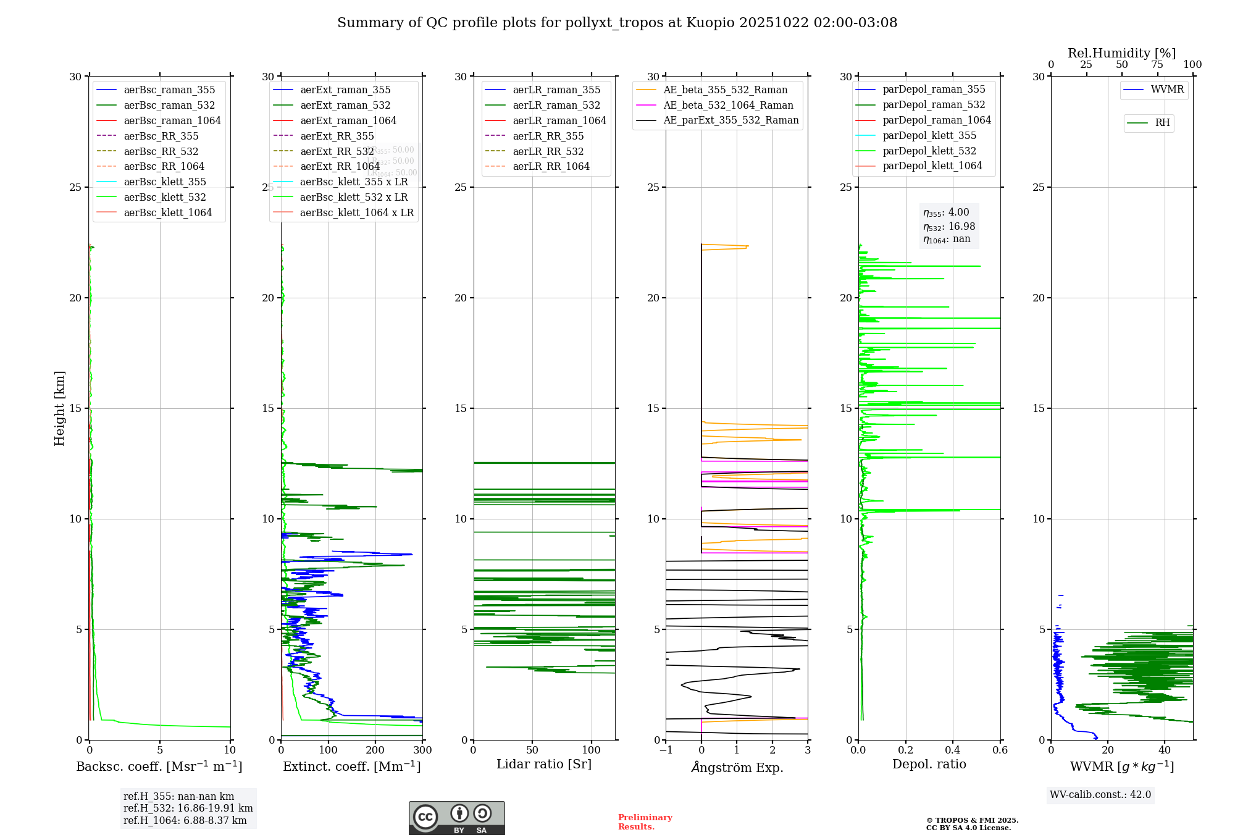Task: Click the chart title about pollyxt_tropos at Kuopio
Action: pyautogui.click(x=617, y=23)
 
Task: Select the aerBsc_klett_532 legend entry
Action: pyautogui.click(x=164, y=197)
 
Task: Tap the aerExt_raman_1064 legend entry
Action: pyautogui.click(x=348, y=120)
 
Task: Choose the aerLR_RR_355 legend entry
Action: pyautogui.click(x=548, y=136)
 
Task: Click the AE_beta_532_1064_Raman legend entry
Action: pyautogui.click(x=728, y=105)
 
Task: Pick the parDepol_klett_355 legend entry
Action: pyautogui.click(x=929, y=135)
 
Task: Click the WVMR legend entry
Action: pyautogui.click(x=1167, y=90)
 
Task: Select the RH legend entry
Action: pyautogui.click(x=1162, y=123)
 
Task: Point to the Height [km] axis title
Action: pyautogui.click(x=59, y=408)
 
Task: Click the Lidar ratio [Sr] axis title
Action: pyautogui.click(x=544, y=764)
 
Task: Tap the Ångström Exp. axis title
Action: pyautogui.click(x=737, y=767)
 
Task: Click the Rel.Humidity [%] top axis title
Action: pyautogui.click(x=1121, y=53)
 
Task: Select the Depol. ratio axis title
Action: pyautogui.click(x=929, y=764)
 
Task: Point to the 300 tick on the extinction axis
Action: pyautogui.click(x=423, y=750)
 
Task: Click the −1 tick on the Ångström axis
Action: pyautogui.click(x=666, y=750)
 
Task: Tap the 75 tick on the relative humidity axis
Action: pyautogui.click(x=1157, y=65)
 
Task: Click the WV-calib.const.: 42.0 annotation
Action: pyautogui.click(x=1100, y=795)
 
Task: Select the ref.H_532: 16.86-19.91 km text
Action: pyautogui.click(x=188, y=808)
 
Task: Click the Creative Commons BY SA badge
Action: pyautogui.click(x=456, y=818)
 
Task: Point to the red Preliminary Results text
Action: pyautogui.click(x=645, y=822)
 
